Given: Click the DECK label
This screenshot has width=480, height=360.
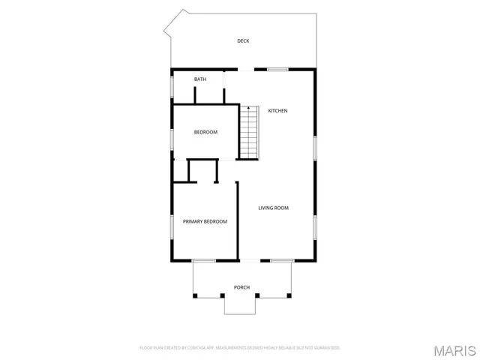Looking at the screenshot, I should [x=243, y=41].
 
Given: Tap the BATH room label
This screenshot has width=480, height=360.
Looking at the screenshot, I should [x=200, y=79].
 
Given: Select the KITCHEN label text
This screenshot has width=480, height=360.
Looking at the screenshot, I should [x=278, y=111].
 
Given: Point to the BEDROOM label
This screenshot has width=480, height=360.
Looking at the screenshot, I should [x=205, y=133].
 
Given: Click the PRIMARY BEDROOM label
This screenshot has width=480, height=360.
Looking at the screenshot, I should [x=205, y=221].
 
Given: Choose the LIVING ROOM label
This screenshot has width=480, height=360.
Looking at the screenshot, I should [x=274, y=208].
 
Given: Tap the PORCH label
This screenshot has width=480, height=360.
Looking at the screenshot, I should [x=241, y=287].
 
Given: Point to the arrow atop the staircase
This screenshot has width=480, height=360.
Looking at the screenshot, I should [x=249, y=109].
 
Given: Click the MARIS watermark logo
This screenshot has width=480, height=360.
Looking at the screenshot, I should [x=454, y=350].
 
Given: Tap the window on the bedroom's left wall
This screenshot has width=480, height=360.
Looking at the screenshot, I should [x=172, y=140].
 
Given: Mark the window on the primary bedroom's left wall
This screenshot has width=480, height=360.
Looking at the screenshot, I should [x=172, y=227].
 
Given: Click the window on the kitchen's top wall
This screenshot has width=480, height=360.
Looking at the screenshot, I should [x=277, y=70].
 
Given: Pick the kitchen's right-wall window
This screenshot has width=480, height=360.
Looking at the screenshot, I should [x=315, y=145].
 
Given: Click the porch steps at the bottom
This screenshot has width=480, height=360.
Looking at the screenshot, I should [x=241, y=305].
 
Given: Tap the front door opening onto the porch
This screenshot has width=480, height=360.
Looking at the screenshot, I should [x=250, y=260].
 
